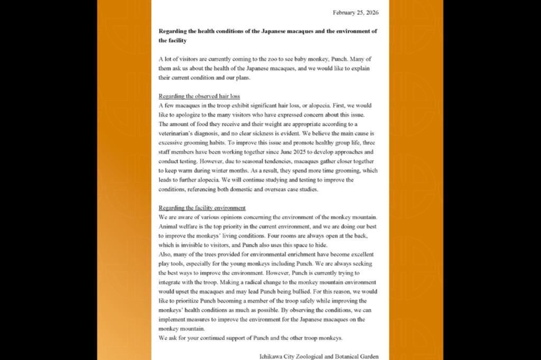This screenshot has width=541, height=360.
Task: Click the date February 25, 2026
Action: click(356, 12)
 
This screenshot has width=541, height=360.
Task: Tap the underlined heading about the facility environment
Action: click(202, 208)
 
